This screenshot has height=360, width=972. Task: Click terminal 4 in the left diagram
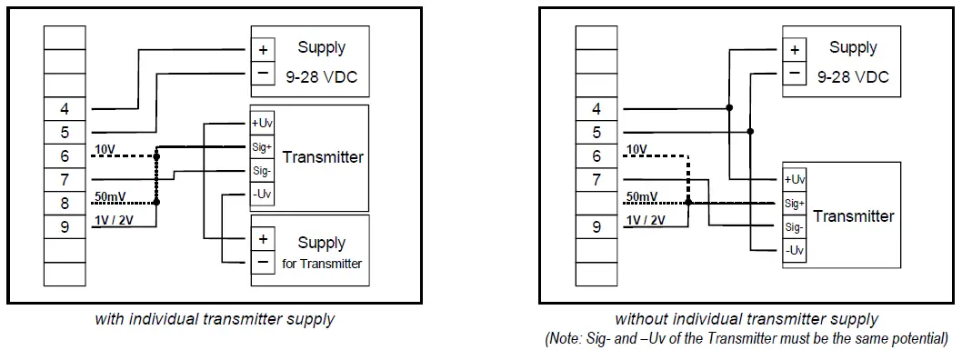point(65,109)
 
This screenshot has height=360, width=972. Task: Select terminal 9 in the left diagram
point(65,227)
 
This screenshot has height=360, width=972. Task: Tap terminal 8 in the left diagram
point(65,204)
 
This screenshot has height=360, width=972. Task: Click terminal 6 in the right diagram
point(596,156)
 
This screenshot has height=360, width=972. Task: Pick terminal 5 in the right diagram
point(596,133)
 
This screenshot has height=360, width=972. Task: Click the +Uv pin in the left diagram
point(262,123)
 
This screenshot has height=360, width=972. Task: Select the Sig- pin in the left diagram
point(262,170)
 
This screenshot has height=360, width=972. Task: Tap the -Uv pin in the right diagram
point(795,250)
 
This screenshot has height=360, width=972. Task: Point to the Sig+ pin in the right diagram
point(795,203)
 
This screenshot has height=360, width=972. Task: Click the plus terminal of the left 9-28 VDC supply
point(263,51)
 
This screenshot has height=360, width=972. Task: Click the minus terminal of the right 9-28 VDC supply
point(795,73)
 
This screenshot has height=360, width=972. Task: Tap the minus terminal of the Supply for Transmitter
point(263,262)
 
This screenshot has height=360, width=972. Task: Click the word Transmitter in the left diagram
point(323,157)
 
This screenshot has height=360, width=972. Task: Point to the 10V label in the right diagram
point(636,149)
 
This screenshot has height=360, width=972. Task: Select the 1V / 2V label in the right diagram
point(646,220)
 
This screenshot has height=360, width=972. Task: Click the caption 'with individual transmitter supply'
point(215,319)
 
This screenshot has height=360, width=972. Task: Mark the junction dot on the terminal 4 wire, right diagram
point(729,109)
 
